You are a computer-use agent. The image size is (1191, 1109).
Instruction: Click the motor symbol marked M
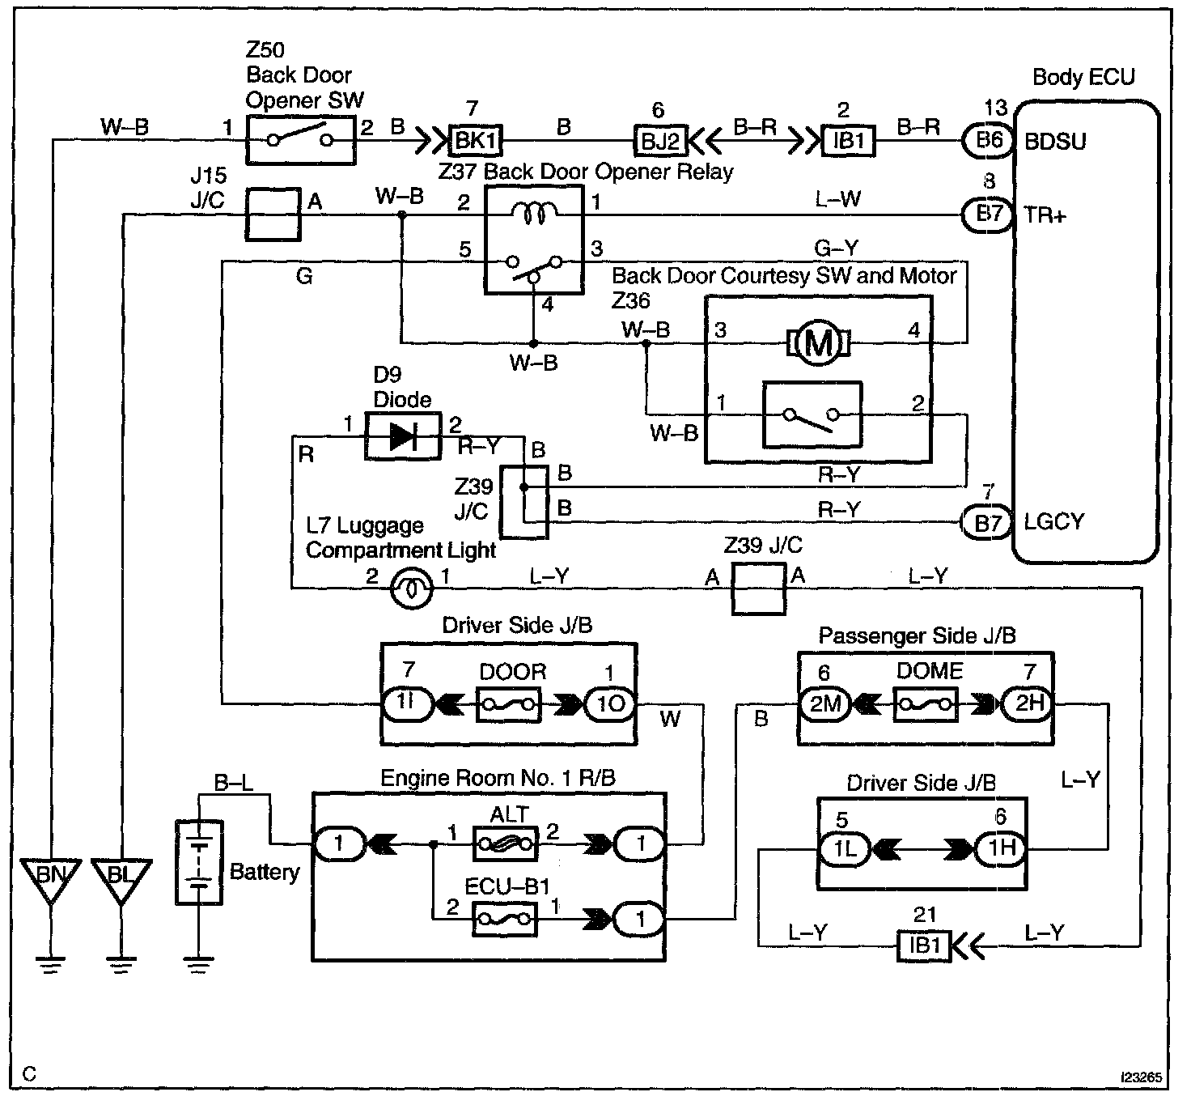tap(818, 343)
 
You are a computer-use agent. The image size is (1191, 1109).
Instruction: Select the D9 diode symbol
tap(403, 436)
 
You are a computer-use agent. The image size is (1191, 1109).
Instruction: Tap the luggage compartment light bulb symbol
tap(411, 588)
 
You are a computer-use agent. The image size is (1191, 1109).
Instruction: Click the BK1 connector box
tap(476, 140)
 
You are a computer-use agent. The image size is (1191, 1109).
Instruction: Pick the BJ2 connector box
tap(659, 141)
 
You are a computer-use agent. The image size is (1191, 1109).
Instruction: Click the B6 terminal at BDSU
tap(988, 141)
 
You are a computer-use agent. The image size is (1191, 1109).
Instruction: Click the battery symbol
tap(199, 862)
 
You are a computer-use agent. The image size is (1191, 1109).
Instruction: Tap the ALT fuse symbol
tap(505, 844)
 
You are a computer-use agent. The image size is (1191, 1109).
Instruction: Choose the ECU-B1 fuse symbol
tap(505, 919)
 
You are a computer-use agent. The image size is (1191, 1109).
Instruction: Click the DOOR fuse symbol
tap(509, 704)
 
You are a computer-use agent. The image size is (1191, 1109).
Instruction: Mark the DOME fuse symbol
tap(926, 703)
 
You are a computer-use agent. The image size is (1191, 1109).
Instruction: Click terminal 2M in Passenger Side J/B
tap(825, 703)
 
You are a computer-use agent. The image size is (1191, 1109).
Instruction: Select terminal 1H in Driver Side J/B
tap(1001, 848)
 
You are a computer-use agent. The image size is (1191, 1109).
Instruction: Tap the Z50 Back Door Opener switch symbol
tap(300, 140)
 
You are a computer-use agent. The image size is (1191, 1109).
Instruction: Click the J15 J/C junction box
tap(273, 215)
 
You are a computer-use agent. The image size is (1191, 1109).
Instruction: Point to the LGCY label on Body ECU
tap(1053, 521)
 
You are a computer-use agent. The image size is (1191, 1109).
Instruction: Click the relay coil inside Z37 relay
tap(534, 213)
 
